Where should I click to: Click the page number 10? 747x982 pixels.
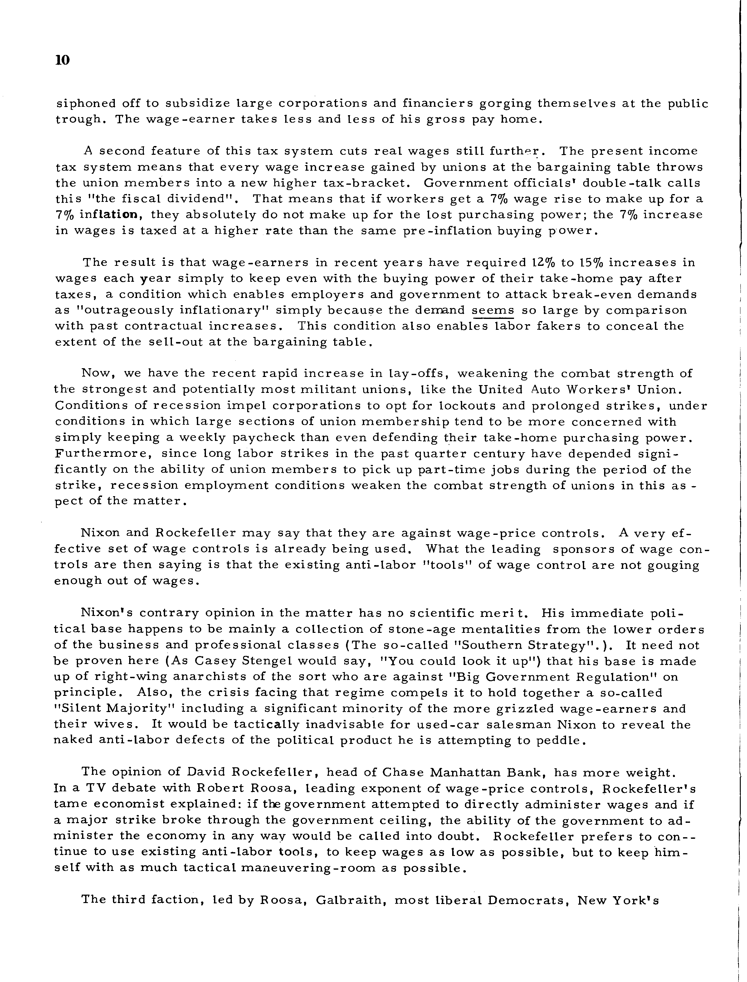coord(63,61)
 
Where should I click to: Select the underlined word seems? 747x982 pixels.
coord(492,310)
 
